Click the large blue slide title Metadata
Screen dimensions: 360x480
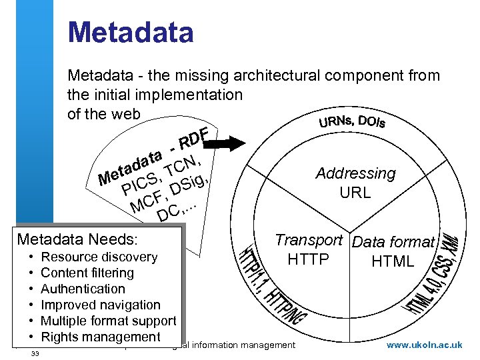coord(131,33)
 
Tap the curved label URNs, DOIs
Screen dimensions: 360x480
coord(351,121)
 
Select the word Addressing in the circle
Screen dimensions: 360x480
coord(355,174)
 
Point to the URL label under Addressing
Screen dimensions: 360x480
coord(355,194)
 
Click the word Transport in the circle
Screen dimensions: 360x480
coord(309,240)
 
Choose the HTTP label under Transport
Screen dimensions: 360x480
coord(308,259)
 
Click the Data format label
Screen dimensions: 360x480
coord(393,242)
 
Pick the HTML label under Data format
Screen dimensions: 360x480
coord(393,261)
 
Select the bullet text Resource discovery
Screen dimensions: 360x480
coord(99,257)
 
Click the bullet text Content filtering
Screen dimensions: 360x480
coord(87,273)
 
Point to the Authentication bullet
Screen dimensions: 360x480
coord(83,289)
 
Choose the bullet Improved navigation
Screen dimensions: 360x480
coord(101,305)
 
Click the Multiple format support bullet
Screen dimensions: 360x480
coord(109,321)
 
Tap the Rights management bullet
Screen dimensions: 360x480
coord(101,337)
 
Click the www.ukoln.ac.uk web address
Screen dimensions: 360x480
coord(424,345)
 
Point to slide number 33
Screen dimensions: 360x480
coord(35,353)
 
